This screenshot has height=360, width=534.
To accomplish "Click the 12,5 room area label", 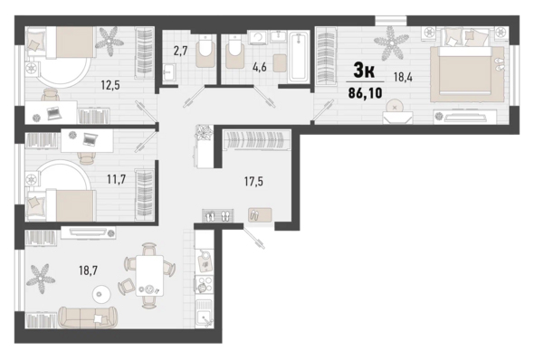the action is tap(110, 85).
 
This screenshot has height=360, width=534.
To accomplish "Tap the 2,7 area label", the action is tap(180, 52).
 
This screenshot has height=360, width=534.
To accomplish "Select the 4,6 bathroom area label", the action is tap(259, 67).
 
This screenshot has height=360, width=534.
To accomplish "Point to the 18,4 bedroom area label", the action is tap(403, 77).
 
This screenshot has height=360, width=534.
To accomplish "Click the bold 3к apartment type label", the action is tap(364, 71).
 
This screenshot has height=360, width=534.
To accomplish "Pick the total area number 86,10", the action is tap(365, 92).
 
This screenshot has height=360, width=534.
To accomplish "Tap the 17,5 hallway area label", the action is tap(253, 182).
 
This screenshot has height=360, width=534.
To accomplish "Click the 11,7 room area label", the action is tap(117, 178).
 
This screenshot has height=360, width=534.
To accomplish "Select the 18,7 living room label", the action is tap(88, 270).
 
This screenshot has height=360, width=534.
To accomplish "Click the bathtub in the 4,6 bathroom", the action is tap(299, 57).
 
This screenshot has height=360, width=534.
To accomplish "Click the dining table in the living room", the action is tap(149, 275).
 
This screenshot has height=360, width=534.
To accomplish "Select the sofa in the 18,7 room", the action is tap(88, 317).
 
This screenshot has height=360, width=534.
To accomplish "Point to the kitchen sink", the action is tap(204, 314).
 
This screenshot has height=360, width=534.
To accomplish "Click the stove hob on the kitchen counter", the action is tap(204, 284).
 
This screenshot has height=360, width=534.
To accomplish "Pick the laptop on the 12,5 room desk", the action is tap(53, 113).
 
